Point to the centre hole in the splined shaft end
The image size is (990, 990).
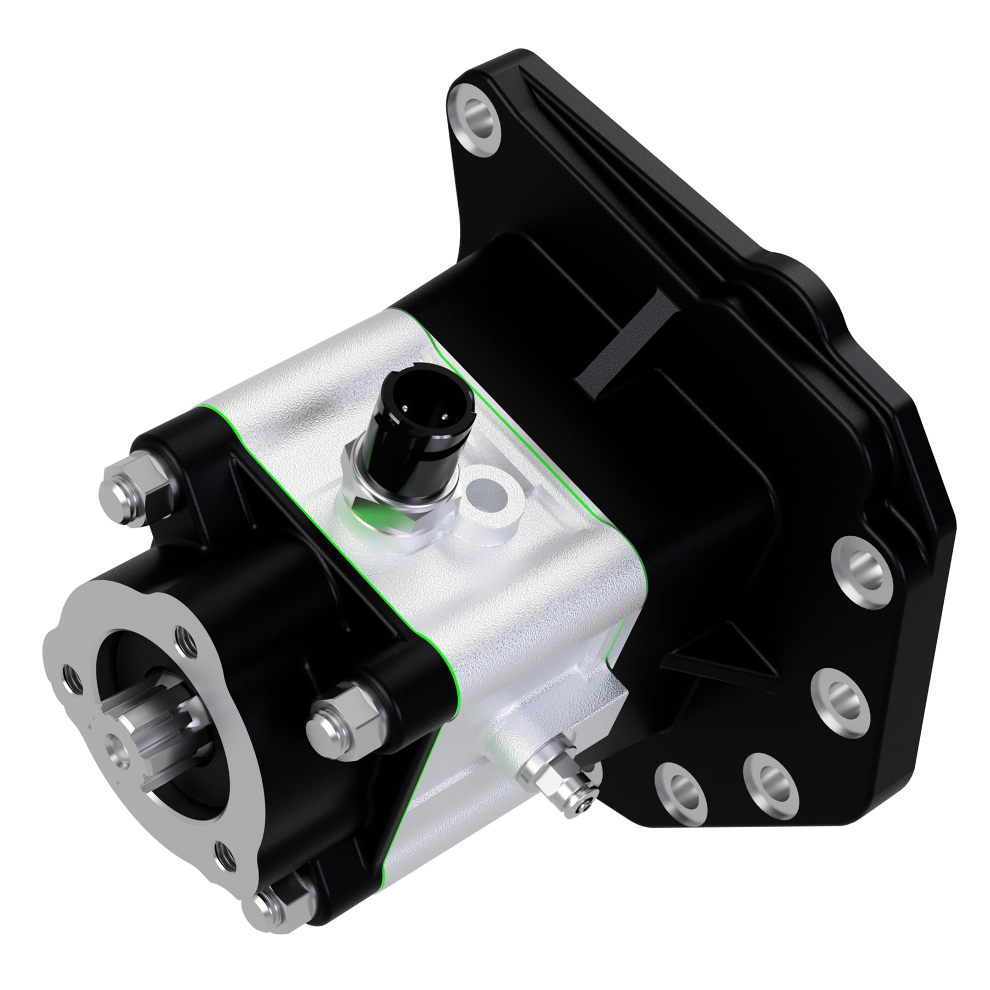pos(120,747)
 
